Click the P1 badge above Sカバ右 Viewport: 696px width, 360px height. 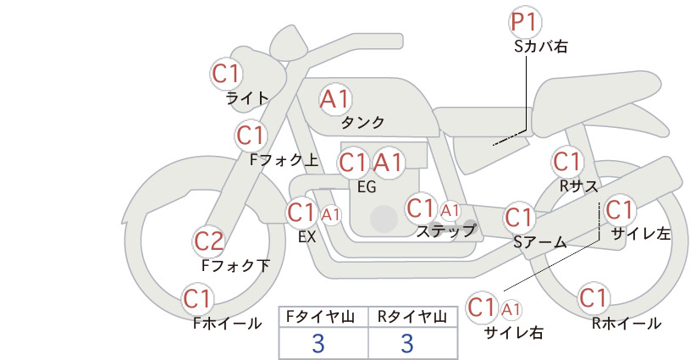(x=525, y=22)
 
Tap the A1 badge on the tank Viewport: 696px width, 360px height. (x=335, y=99)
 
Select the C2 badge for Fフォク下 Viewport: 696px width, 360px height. (x=209, y=242)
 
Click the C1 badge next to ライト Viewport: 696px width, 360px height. (x=226, y=74)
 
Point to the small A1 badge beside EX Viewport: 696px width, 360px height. (x=331, y=215)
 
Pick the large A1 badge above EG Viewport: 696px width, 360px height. (x=388, y=163)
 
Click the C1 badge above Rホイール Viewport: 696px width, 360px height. (x=594, y=298)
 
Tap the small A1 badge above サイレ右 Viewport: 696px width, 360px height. (x=511, y=309)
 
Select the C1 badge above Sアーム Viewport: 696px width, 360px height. (x=519, y=218)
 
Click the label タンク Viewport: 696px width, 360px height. (x=362, y=123)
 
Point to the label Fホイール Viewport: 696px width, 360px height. (x=227, y=324)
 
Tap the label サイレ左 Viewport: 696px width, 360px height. (x=641, y=234)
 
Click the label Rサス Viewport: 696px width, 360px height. (x=578, y=186)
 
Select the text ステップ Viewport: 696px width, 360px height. (x=445, y=231)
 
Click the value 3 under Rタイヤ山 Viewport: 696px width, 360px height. (x=407, y=343)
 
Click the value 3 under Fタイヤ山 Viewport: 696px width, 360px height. (x=318, y=343)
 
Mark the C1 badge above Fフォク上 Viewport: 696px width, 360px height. (x=251, y=136)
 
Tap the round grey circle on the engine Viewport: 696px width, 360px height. (x=384, y=219)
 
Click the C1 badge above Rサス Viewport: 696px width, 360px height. (x=567, y=162)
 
